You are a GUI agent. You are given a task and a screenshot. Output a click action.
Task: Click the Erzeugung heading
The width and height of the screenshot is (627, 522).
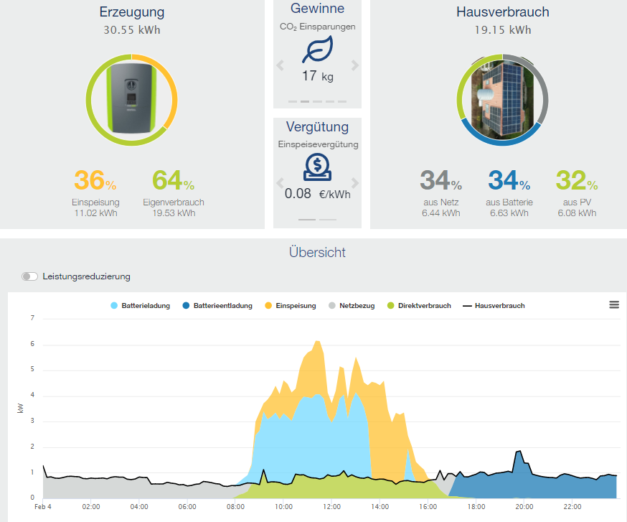pyautogui.click(x=133, y=12)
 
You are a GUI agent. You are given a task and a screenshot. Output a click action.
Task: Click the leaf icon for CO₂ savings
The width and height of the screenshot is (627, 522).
pyautogui.click(x=317, y=50)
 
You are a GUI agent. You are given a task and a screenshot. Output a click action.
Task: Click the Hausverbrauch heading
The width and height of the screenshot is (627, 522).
pyautogui.click(x=502, y=12)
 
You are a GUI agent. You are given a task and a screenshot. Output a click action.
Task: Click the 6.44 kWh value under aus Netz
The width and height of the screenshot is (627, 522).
pyautogui.click(x=440, y=213)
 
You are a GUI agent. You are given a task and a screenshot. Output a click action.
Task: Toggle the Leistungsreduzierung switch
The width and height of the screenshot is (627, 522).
pyautogui.click(x=29, y=276)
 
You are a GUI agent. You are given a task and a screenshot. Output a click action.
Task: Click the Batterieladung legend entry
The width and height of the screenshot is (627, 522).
pyautogui.click(x=141, y=306)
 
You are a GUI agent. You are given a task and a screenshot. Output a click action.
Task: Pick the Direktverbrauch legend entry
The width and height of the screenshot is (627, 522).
pyautogui.click(x=419, y=306)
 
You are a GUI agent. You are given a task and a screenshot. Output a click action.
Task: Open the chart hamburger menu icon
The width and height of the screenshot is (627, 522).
pyautogui.click(x=614, y=304)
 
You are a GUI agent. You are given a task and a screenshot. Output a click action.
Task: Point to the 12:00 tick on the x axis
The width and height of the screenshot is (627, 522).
pyautogui.click(x=331, y=507)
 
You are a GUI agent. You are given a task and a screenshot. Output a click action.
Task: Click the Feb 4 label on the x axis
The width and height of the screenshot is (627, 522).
pyautogui.click(x=43, y=507)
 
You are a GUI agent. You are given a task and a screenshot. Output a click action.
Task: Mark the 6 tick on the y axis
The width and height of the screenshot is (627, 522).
pyautogui.click(x=32, y=344)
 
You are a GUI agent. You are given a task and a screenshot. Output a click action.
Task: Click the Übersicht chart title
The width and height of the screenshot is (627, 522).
pyautogui.click(x=317, y=252)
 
